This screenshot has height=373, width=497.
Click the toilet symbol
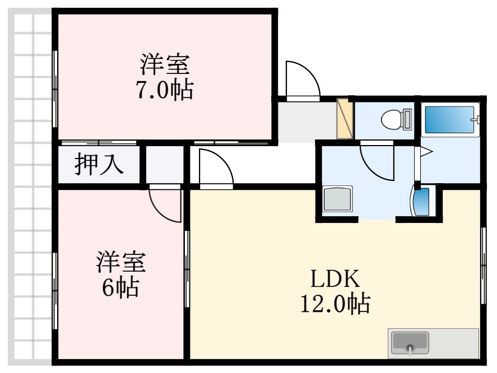(x=393, y=119)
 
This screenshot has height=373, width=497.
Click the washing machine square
(x=337, y=200)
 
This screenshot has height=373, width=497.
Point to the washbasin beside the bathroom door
(x=421, y=201)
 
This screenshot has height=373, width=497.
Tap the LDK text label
(x=335, y=278)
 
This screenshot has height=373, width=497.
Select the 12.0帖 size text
(x=335, y=304)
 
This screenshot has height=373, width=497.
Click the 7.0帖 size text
(x=165, y=90)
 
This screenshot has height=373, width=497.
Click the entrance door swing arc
(x=303, y=80)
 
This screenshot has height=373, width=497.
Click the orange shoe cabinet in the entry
(x=343, y=118)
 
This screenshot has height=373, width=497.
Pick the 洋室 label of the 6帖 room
(x=120, y=262)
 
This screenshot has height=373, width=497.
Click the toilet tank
(x=407, y=119)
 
